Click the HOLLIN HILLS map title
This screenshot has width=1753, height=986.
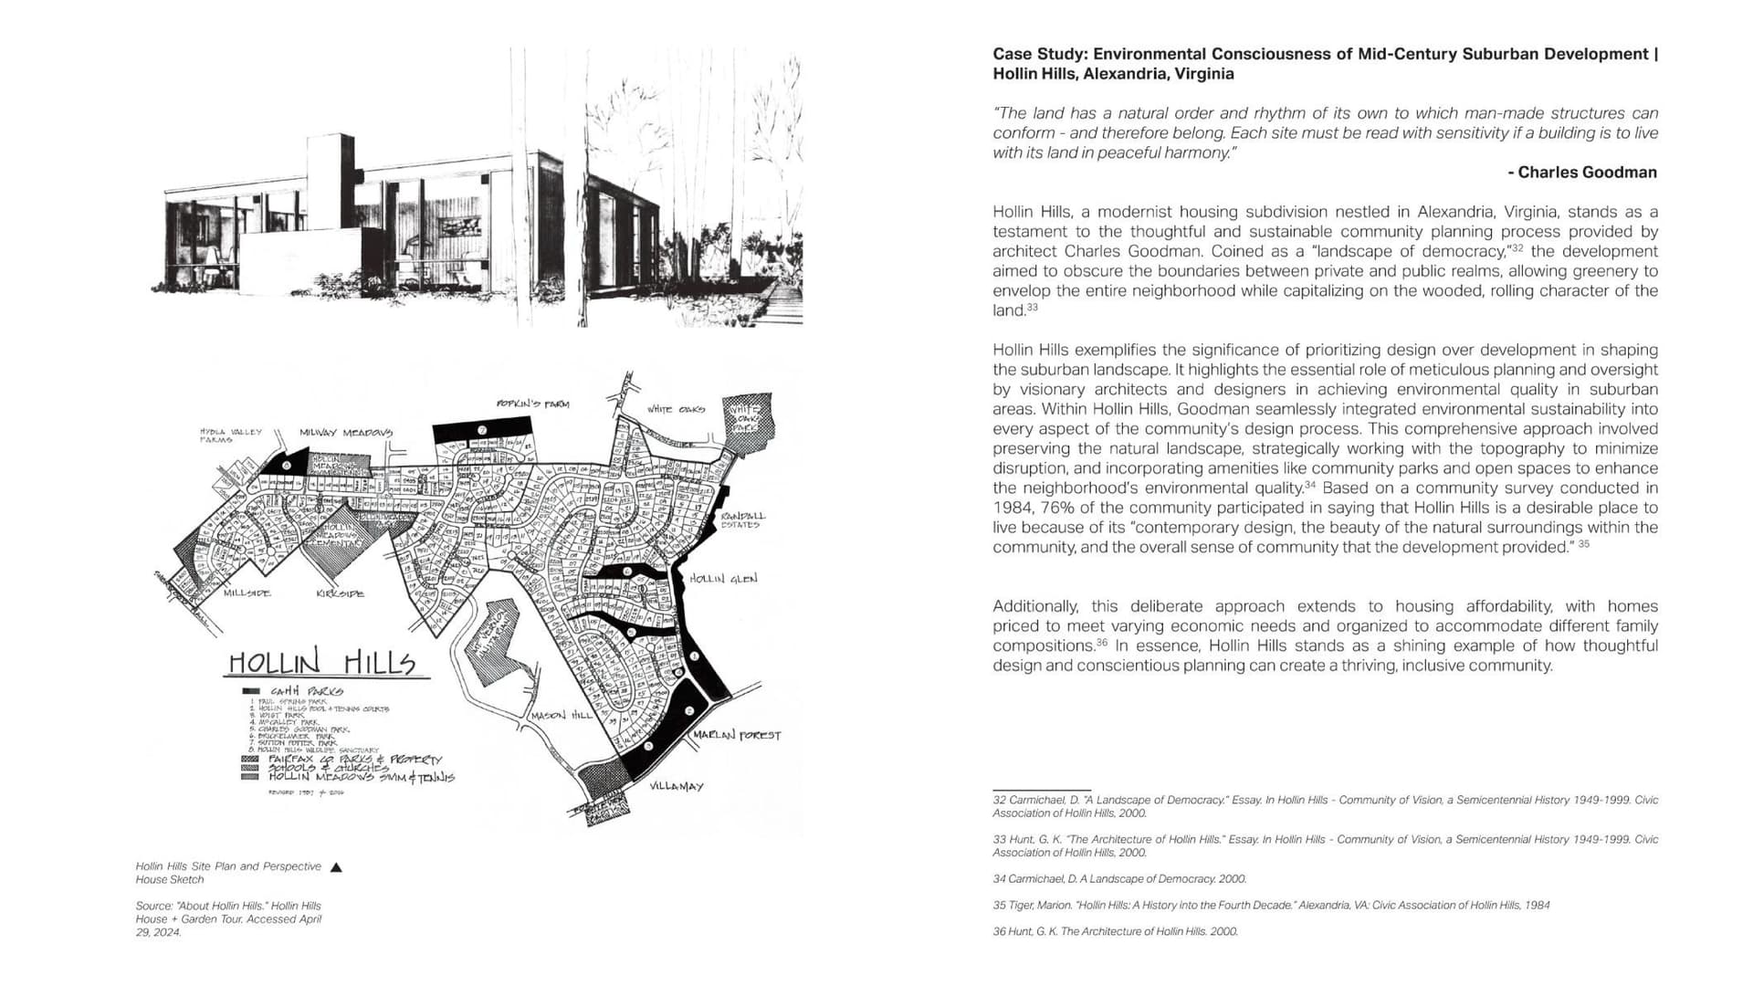click(321, 663)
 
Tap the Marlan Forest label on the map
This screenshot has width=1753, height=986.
click(736, 735)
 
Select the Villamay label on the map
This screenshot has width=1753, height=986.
click(676, 786)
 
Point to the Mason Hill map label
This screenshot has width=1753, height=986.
click(562, 716)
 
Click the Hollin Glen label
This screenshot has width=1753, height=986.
click(722, 579)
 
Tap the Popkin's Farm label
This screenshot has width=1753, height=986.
click(532, 404)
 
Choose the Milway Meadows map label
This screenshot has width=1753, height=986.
click(346, 433)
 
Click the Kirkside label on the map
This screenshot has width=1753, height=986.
click(340, 594)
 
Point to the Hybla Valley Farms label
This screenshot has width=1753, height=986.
click(230, 435)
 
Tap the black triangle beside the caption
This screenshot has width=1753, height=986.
click(336, 867)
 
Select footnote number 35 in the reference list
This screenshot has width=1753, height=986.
click(999, 906)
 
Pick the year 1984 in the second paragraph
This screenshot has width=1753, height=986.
click(1011, 508)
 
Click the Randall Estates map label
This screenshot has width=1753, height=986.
click(742, 520)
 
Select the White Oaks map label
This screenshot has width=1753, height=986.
click(676, 409)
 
